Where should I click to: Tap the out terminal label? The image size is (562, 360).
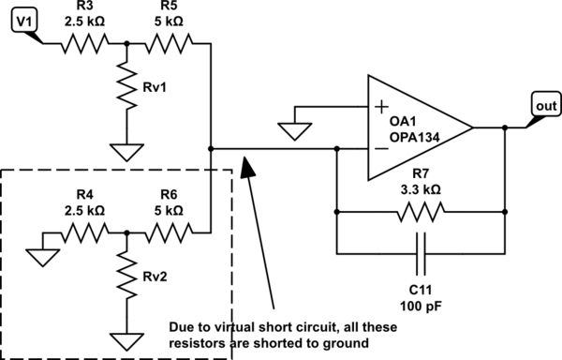coord(545,105)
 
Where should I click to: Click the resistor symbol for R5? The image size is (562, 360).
coord(169,43)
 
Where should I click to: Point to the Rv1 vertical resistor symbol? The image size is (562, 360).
coord(126,90)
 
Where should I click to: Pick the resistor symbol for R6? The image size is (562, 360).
coord(169,231)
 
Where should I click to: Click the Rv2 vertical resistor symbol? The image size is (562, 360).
coord(126,278)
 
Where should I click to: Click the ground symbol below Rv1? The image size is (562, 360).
coord(126,151)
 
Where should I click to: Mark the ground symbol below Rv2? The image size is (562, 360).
coord(126,338)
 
